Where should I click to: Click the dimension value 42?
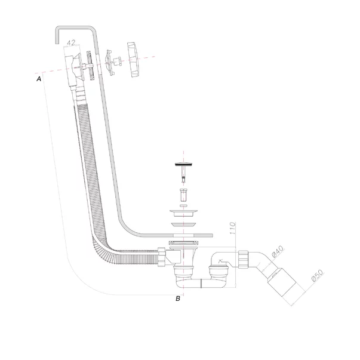pos(71,43)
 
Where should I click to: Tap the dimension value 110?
pos(233,228)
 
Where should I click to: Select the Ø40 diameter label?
pos(278,251)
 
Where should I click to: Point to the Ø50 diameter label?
pos(317,275)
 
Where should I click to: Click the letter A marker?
pos(39,79)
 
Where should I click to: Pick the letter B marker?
pos(178,299)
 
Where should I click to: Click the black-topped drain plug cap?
pos(183,164)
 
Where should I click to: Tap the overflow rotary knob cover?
pos(133,60)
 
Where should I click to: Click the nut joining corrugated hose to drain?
pos(162,257)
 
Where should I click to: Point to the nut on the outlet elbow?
pos(243,259)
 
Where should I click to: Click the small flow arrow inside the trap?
pos(220,261)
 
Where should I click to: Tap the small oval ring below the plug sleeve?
pos(183,206)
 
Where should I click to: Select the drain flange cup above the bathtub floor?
pos(183,213)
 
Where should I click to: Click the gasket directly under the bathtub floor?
pos(183,242)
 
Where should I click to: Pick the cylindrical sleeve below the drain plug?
pos(183,194)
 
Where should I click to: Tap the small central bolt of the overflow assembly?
pos(118,61)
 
